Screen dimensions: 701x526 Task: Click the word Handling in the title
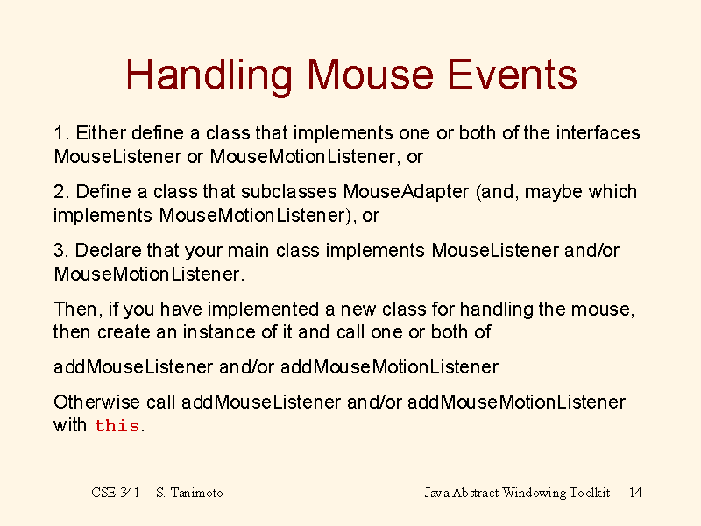click(209, 76)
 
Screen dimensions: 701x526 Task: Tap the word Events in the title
click(513, 75)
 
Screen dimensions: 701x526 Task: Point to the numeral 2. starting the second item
click(61, 191)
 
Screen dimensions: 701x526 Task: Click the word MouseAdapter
click(406, 192)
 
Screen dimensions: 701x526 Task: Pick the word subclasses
click(289, 191)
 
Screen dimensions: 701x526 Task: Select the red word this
click(117, 425)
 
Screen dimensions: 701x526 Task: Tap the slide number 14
click(635, 493)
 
